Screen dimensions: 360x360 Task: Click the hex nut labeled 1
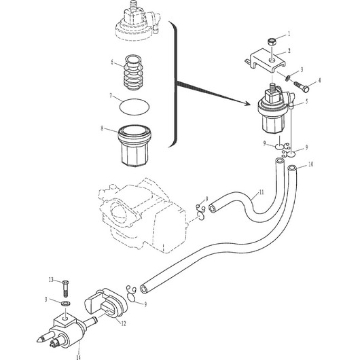click(x=272, y=42)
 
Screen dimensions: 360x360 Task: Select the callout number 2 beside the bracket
click(x=289, y=51)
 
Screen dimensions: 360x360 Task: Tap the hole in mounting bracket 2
click(x=272, y=60)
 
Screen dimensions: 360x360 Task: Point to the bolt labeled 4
click(x=302, y=86)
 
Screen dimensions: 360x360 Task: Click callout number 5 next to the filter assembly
click(x=307, y=101)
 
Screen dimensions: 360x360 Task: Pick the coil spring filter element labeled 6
click(x=133, y=72)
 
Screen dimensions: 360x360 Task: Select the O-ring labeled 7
click(x=134, y=107)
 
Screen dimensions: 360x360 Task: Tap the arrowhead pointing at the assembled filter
click(x=247, y=103)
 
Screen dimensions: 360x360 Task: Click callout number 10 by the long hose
click(x=310, y=164)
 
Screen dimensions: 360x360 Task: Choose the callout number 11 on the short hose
click(x=262, y=192)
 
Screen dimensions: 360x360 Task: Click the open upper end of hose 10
click(x=292, y=168)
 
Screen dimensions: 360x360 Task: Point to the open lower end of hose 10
click(x=144, y=289)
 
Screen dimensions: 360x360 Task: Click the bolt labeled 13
click(x=65, y=289)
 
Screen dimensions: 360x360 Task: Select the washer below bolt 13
click(x=66, y=304)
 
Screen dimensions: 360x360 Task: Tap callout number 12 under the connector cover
click(x=124, y=323)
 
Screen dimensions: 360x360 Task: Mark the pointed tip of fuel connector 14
click(x=37, y=341)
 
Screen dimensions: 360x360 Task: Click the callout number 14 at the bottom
click(x=78, y=357)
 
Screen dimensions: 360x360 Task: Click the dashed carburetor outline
click(x=143, y=216)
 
